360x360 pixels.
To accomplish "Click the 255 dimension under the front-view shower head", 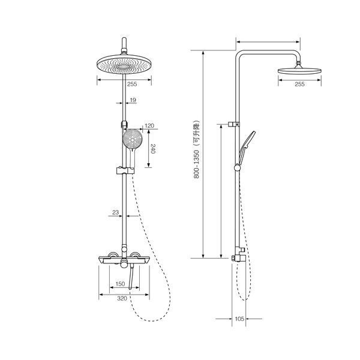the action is coord(132,84).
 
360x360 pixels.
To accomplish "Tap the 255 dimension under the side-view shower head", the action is coord(299,84).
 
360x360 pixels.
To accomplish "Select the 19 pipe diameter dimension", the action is coord(133,100).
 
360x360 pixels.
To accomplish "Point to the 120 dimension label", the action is coord(149,125).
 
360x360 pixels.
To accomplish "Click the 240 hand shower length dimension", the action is coord(154,149).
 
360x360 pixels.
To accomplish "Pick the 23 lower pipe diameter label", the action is coord(115,212).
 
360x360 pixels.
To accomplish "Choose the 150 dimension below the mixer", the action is coord(121,284).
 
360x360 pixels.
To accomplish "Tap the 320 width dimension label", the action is coord(122,298).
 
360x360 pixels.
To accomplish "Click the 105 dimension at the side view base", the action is coord(239,319).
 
